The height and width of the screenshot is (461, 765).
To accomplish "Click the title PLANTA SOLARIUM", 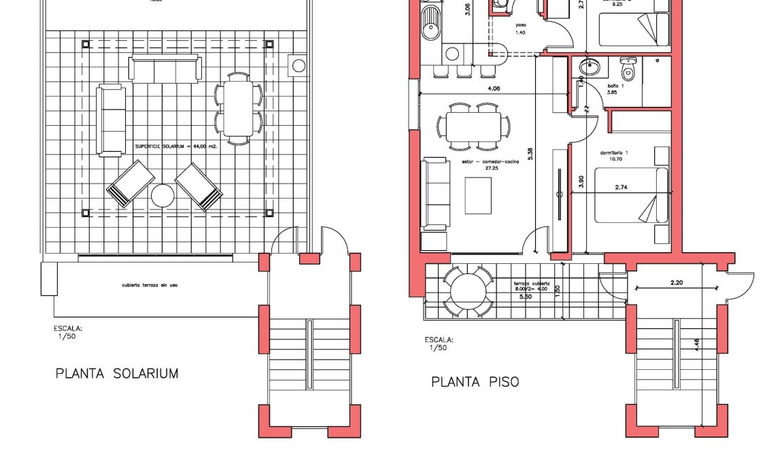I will [x=117, y=373].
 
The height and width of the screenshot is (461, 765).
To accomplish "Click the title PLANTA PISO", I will [x=475, y=382].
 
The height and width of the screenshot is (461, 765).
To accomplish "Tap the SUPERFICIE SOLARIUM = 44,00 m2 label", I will [x=175, y=146].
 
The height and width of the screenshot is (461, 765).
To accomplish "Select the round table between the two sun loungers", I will [x=163, y=196].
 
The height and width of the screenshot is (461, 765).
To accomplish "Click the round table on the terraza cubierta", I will [x=468, y=290].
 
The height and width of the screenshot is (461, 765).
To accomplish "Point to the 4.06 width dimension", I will [x=494, y=88].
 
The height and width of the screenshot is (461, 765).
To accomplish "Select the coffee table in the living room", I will [x=478, y=195].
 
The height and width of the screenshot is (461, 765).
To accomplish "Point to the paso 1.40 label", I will [x=521, y=28].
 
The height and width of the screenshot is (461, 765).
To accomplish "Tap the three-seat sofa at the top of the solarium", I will [x=165, y=69].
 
